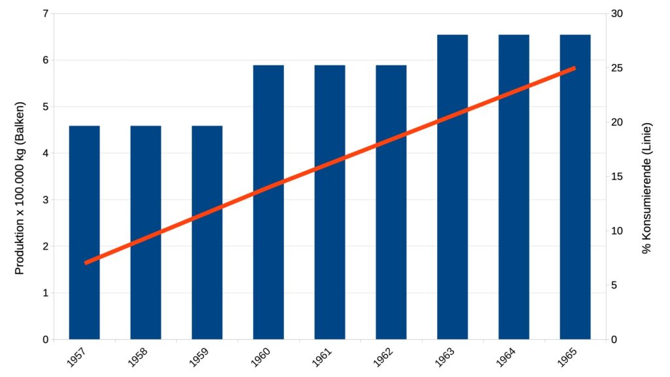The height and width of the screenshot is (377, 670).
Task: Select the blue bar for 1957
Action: pyautogui.click(x=84, y=232)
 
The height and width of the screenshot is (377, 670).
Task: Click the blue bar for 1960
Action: pyautogui.click(x=268, y=202)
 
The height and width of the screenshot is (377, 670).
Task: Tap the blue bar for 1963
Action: pyautogui.click(x=453, y=187)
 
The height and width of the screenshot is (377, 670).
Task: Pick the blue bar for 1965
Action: pyautogui.click(x=575, y=187)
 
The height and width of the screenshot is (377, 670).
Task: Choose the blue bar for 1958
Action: pyautogui.click(x=146, y=232)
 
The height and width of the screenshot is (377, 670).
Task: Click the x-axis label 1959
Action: pyautogui.click(x=199, y=357)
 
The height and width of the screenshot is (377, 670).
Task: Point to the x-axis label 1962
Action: pyautogui.click(x=383, y=357)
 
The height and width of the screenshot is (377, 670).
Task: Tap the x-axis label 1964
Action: pyautogui.click(x=506, y=357)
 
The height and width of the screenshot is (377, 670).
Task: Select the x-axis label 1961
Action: pyautogui.click(x=322, y=357)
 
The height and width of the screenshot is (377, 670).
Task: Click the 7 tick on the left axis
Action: pyautogui.click(x=46, y=14)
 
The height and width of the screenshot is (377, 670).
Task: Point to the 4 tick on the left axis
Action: pyautogui.click(x=46, y=153)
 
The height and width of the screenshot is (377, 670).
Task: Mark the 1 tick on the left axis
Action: pyautogui.click(x=46, y=293)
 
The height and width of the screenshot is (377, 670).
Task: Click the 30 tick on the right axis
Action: pyautogui.click(x=616, y=14)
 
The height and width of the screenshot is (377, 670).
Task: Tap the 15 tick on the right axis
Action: pyautogui.click(x=616, y=177)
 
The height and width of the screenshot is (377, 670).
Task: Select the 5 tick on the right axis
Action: pyautogui.click(x=614, y=285)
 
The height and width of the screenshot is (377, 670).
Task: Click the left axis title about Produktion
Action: pyautogui.click(x=20, y=188)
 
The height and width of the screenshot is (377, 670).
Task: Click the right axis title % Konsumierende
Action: pyautogui.click(x=647, y=188)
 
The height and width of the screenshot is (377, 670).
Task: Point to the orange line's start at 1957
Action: pyautogui.click(x=86, y=263)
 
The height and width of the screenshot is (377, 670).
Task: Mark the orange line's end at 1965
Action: pyautogui.click(x=574, y=68)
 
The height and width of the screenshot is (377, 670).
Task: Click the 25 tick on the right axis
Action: pyautogui.click(x=616, y=68)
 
